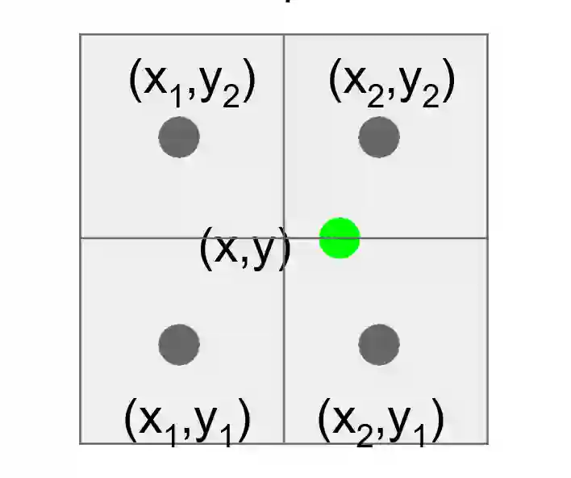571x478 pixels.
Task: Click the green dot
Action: pos(340,238)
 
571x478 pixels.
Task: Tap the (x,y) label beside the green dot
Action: pos(245,248)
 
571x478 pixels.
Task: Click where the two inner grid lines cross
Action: pos(284,238)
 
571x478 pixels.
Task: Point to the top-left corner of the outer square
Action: pos(80,35)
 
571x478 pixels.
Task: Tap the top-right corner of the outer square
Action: pos(487,35)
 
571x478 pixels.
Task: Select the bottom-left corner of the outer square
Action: pos(80,442)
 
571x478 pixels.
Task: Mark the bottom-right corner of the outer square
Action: pos(487,442)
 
